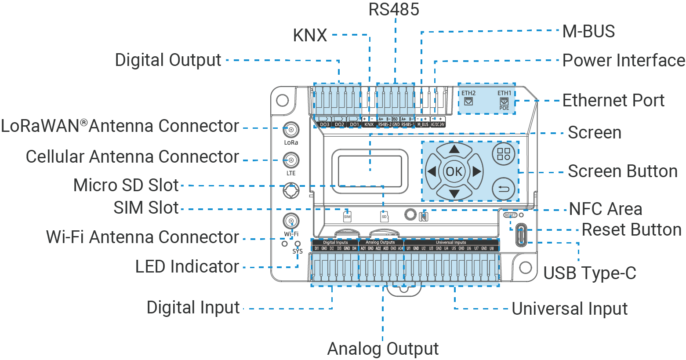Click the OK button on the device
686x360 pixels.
click(454, 171)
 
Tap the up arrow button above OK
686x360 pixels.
click(454, 150)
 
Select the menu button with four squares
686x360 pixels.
click(504, 154)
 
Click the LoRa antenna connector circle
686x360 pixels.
click(291, 130)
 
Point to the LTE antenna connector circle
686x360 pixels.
click(291, 160)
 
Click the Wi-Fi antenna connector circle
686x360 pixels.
click(291, 221)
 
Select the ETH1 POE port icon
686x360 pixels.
click(504, 102)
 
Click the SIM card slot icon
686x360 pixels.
click(347, 216)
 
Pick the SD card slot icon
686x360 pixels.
click(384, 216)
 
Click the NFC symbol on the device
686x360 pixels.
click(424, 216)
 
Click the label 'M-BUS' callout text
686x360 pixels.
click(588, 32)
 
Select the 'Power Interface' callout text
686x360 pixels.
click(624, 61)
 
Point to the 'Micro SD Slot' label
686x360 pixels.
click(126, 185)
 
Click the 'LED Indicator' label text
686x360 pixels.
click(187, 267)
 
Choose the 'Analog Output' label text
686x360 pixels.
click(383, 349)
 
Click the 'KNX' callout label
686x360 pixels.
click(310, 36)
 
